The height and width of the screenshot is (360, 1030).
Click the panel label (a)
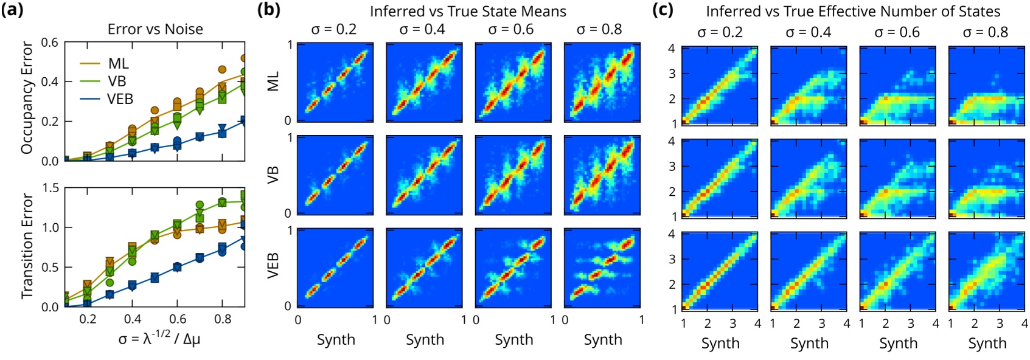12,10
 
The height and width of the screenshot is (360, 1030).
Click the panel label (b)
269,10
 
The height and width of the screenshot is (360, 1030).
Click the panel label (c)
663,10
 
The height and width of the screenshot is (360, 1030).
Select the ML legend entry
118,63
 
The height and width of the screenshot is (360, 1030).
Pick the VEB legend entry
120,99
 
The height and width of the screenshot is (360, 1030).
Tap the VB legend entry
117,81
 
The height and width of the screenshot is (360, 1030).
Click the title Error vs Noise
155,29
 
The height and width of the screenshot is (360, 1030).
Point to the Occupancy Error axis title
27,97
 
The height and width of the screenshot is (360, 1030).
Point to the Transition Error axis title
27,246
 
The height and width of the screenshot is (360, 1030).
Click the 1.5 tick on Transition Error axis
50,188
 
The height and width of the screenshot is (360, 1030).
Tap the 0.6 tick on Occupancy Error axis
50,43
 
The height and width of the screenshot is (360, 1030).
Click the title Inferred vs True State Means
468,12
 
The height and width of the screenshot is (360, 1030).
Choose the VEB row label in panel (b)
273,266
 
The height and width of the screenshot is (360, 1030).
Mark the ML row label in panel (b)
273,81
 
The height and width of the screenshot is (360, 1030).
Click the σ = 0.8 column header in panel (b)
599,30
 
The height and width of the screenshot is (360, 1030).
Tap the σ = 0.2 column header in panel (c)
720,32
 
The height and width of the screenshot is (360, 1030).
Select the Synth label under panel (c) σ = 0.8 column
987,343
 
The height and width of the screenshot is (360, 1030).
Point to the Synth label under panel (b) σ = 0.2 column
336,339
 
